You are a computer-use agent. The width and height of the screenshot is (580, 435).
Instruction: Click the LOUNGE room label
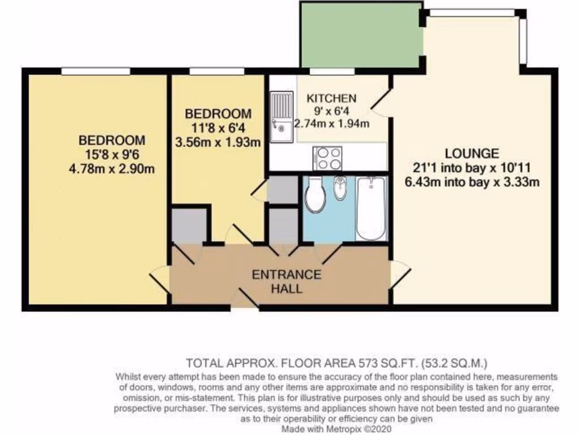click(x=472, y=153)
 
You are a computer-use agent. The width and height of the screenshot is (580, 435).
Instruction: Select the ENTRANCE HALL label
click(x=286, y=282)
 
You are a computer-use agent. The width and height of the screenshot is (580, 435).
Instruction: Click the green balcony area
click(x=361, y=35)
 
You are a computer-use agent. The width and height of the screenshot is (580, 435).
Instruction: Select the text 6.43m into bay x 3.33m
click(x=472, y=182)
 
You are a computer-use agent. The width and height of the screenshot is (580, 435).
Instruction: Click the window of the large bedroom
click(x=95, y=71)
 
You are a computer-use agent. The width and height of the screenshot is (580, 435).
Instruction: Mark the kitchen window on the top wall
click(x=331, y=71)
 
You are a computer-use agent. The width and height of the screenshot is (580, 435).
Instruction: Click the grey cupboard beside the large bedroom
click(x=189, y=226)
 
